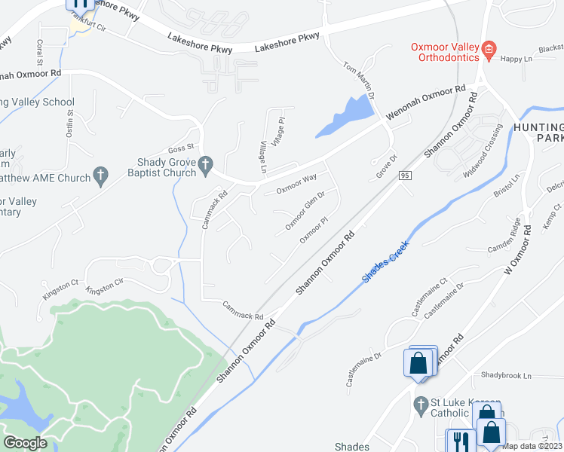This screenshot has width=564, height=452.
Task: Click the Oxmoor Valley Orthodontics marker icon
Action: (489, 51)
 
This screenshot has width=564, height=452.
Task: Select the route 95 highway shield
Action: (406, 176)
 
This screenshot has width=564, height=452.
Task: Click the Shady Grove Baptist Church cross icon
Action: (204, 165)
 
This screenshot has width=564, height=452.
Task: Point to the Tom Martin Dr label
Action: (360, 79)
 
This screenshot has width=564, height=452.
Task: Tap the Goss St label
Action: (182, 148)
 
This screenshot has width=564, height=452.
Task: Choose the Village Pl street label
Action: (279, 131)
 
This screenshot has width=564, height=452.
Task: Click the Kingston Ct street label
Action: (60, 285)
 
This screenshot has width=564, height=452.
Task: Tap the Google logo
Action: (25, 443)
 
